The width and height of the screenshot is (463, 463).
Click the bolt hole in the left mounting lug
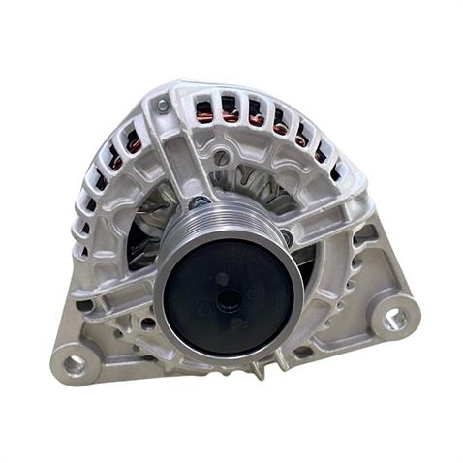pos(75,365)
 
